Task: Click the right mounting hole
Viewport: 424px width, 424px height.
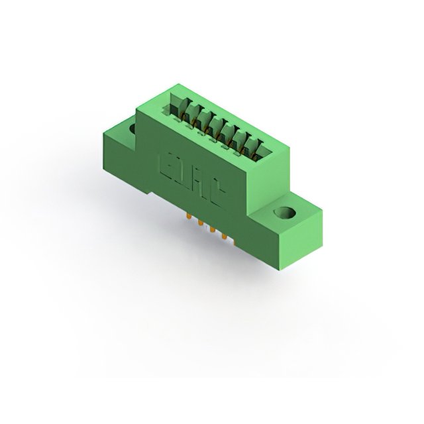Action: [x=285, y=214]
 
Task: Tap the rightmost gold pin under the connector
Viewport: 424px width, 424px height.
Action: [x=225, y=235]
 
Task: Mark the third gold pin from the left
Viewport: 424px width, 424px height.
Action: [x=213, y=230]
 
